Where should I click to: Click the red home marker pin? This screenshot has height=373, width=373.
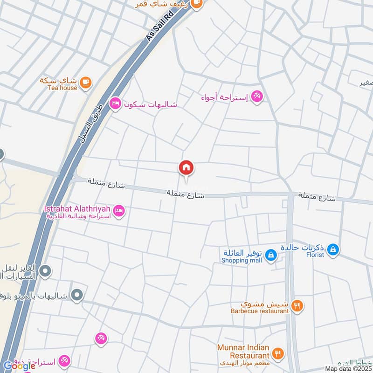tap(186, 167)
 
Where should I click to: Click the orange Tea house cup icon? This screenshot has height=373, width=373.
tap(85, 82)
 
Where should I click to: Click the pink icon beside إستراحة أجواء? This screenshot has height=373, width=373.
tap(256, 97)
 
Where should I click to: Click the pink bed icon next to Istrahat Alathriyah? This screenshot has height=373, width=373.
tap(119, 211)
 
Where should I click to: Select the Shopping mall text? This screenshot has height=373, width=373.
tap(241, 261)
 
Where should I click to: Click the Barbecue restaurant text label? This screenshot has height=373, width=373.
tap(259, 310)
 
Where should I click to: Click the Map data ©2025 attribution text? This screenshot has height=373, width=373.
tap(348, 368)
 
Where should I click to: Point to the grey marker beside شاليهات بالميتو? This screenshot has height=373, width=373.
tap(78, 295)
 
